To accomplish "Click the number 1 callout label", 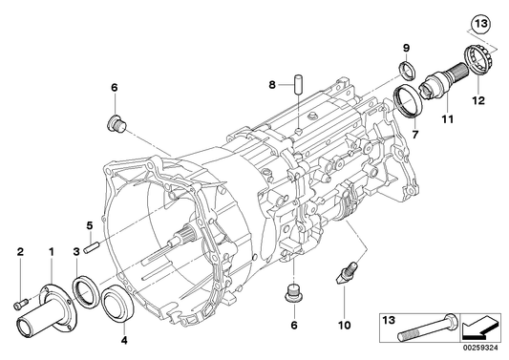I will [51, 251].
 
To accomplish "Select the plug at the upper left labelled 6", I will [114, 122].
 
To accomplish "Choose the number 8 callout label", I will [272, 84].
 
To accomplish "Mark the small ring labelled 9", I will [406, 67].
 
